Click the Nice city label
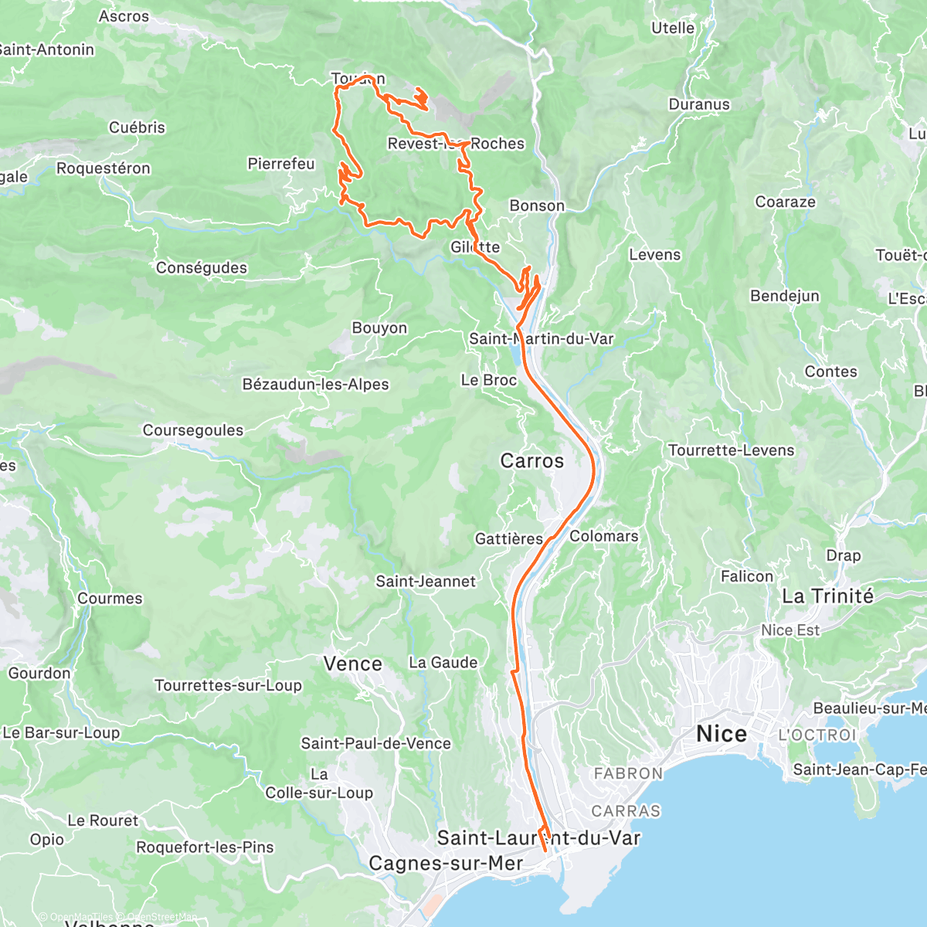click(722, 733)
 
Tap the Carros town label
click(532, 460)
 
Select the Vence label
click(353, 664)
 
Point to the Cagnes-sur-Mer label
click(446, 863)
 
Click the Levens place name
click(655, 254)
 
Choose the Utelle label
click(673, 28)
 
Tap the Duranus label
click(699, 104)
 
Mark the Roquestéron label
click(104, 168)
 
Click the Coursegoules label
click(193, 430)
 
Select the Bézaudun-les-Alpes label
click(316, 384)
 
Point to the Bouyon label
click(379, 328)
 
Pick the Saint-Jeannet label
click(426, 581)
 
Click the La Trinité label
click(828, 596)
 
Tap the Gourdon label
click(39, 673)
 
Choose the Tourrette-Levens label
click(731, 450)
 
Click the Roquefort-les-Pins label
click(205, 847)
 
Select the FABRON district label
click(628, 773)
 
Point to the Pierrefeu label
click(281, 163)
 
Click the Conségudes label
click(202, 267)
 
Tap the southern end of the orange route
click(545, 851)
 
